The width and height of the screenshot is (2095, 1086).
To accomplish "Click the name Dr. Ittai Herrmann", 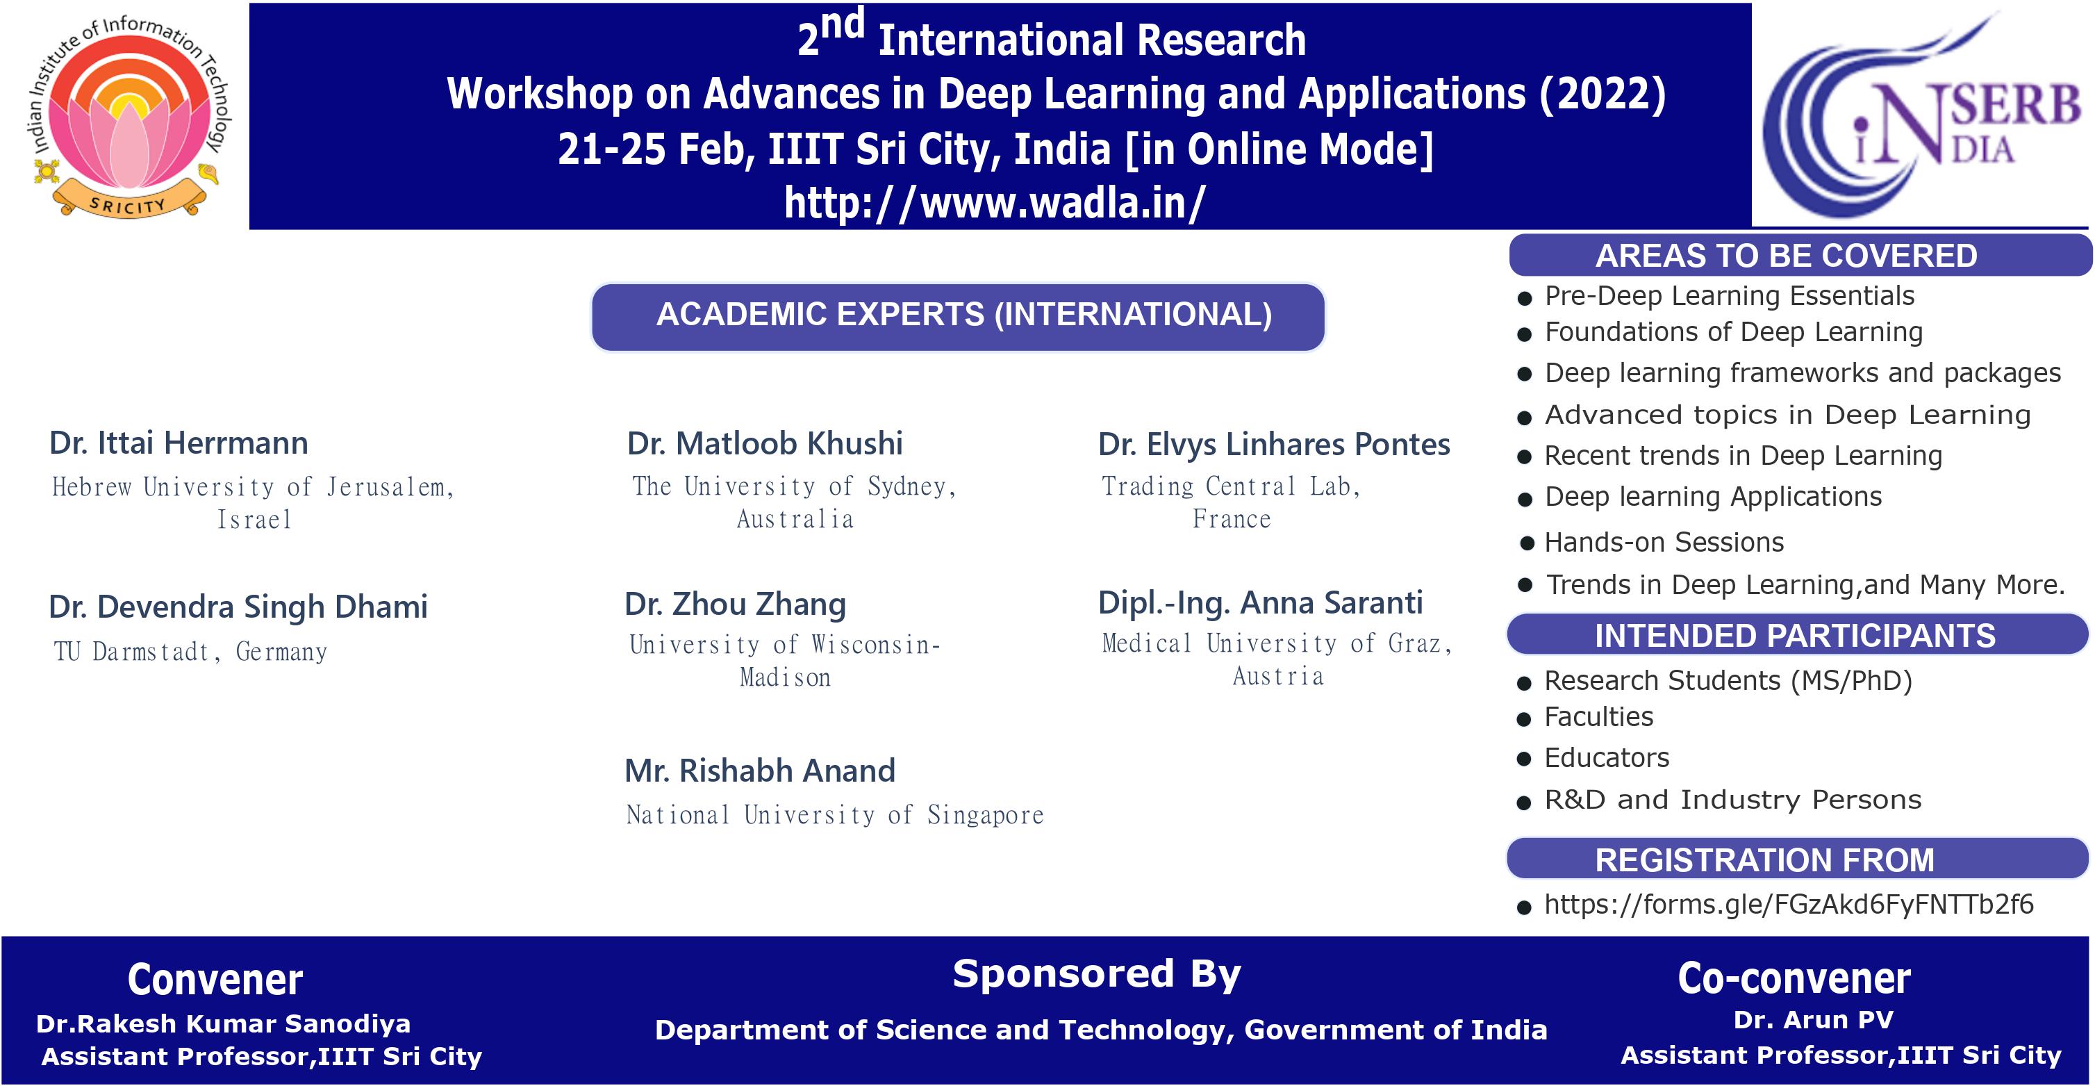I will pos(179,443).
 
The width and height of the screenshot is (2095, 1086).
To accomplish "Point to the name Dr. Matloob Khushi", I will pos(765,444).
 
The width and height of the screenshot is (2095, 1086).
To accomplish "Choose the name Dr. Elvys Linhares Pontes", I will pos(1273,445).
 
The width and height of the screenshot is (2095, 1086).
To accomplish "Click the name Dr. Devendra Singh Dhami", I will pos(238,607).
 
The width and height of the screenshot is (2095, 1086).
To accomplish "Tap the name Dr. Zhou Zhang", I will pos(735,604).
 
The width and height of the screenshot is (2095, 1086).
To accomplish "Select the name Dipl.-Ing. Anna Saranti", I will pos(1260,603).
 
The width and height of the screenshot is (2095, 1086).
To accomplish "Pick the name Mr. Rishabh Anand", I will pos(760,771).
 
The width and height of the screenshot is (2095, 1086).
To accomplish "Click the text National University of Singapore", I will pos(834,815).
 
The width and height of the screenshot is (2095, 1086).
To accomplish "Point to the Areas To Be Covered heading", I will pos(1786,256).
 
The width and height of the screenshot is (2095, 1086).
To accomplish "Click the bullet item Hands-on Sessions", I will pos(1663,543).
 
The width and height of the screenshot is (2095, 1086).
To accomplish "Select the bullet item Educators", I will pos(1606,758).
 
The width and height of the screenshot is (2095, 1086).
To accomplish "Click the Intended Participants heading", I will pos(1794,635).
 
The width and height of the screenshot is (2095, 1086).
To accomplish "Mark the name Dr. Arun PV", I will pos(1813,1020).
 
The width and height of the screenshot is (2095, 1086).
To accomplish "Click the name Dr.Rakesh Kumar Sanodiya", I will pos(224,1023).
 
